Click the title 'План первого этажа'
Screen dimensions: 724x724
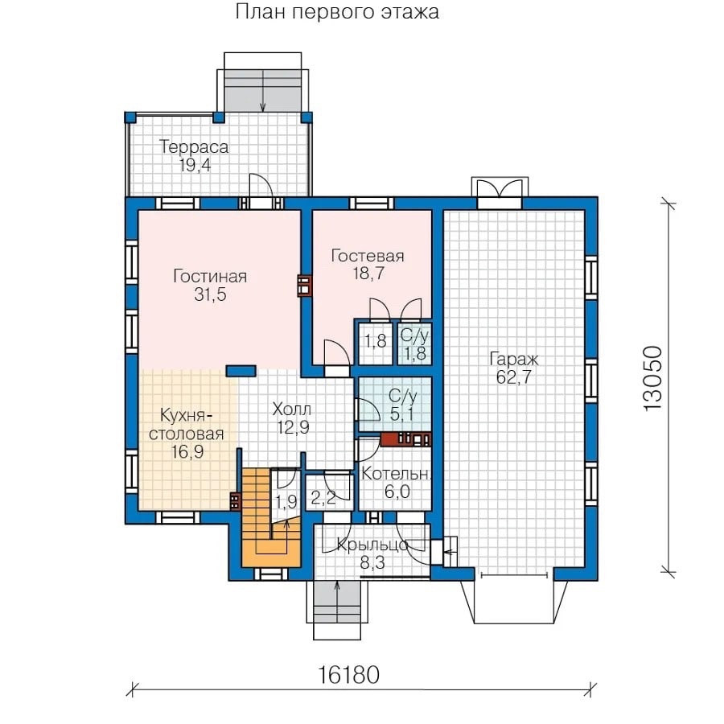[337, 12]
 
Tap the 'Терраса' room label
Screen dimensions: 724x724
[194, 147]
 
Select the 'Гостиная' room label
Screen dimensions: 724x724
[210, 276]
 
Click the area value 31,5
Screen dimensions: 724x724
[211, 294]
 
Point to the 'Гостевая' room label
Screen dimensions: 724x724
[368, 255]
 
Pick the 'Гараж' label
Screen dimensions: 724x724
[514, 360]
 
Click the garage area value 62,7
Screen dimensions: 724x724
[514, 377]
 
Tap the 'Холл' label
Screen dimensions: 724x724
[292, 409]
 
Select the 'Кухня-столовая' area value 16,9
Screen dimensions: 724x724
[187, 451]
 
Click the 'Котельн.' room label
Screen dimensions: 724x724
[396, 474]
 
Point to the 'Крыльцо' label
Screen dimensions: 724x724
[372, 545]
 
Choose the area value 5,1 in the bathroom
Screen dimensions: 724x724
[401, 414]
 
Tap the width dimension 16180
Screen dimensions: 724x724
[348, 675]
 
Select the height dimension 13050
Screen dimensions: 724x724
[653, 378]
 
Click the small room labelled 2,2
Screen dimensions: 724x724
[329, 492]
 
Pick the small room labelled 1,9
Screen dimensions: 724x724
[286, 495]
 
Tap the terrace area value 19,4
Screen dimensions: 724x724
[195, 165]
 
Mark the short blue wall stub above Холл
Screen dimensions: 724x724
[241, 370]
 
